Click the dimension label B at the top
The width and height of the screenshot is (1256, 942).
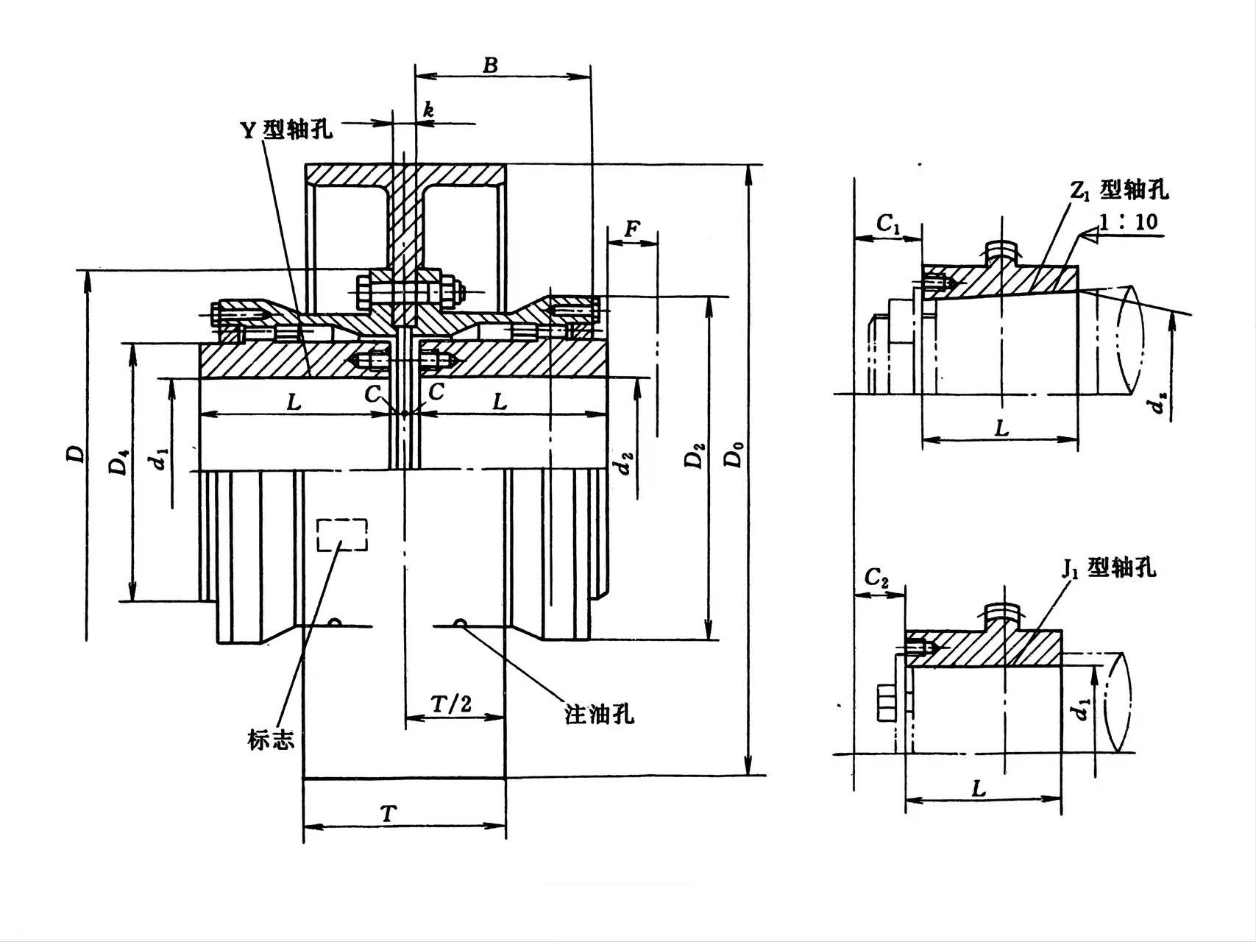pos(490,65)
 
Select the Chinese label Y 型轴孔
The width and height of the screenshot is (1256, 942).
pos(287,130)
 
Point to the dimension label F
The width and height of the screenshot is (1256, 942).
pos(631,230)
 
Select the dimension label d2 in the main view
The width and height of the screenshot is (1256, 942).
pos(625,465)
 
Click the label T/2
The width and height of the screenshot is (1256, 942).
pos(451,704)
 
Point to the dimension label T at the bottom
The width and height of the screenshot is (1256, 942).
pos(388,814)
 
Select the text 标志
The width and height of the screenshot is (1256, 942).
pos(271,740)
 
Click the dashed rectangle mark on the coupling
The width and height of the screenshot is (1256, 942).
pos(341,535)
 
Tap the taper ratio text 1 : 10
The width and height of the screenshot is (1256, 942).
pos(1129,222)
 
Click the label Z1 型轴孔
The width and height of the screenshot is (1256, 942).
pos(1119,191)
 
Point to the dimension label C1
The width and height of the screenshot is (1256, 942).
pos(888,224)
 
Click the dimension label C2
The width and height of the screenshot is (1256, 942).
pos(876,578)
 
